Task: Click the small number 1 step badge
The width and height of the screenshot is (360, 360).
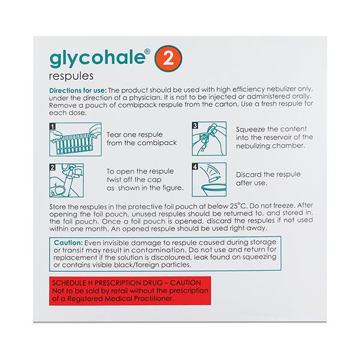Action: pyautogui.click(x=53, y=127)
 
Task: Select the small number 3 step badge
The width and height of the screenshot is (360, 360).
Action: pyautogui.click(x=194, y=127)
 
